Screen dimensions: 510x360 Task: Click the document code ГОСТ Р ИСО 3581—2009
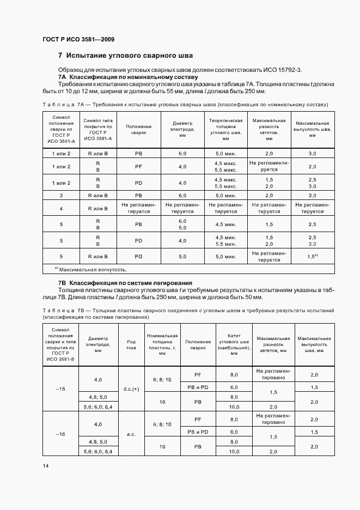(x=78, y=39)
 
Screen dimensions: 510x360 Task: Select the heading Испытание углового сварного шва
(x=130, y=56)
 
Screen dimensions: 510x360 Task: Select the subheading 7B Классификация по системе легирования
(x=125, y=283)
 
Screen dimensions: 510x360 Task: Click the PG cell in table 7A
(x=138, y=257)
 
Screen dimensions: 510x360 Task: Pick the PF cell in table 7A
(x=138, y=166)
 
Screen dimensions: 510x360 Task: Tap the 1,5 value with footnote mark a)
(x=312, y=256)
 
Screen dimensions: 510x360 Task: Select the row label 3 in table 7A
(x=61, y=195)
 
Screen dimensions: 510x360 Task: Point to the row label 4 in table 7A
(x=61, y=208)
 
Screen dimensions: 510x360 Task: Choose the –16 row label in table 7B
(x=60, y=434)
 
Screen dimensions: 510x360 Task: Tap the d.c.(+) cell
(x=131, y=388)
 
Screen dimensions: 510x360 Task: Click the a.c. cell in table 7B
(x=131, y=435)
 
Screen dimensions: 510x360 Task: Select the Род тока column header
(x=131, y=344)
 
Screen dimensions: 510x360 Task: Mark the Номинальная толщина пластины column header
(x=162, y=344)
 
